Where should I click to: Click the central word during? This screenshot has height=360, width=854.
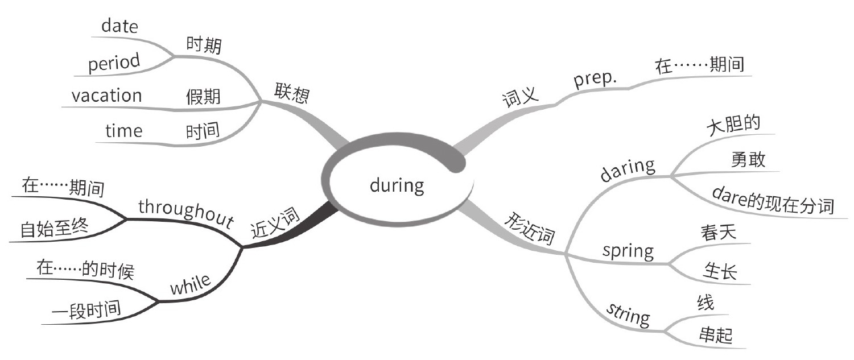(397, 185)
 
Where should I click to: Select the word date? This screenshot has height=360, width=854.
(119, 26)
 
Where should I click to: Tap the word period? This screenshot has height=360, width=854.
(114, 63)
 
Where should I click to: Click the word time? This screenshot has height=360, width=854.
(123, 131)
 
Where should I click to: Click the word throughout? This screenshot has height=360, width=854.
(187, 213)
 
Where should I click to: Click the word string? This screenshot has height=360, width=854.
(628, 313)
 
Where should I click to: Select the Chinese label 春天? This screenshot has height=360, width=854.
(720, 233)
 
